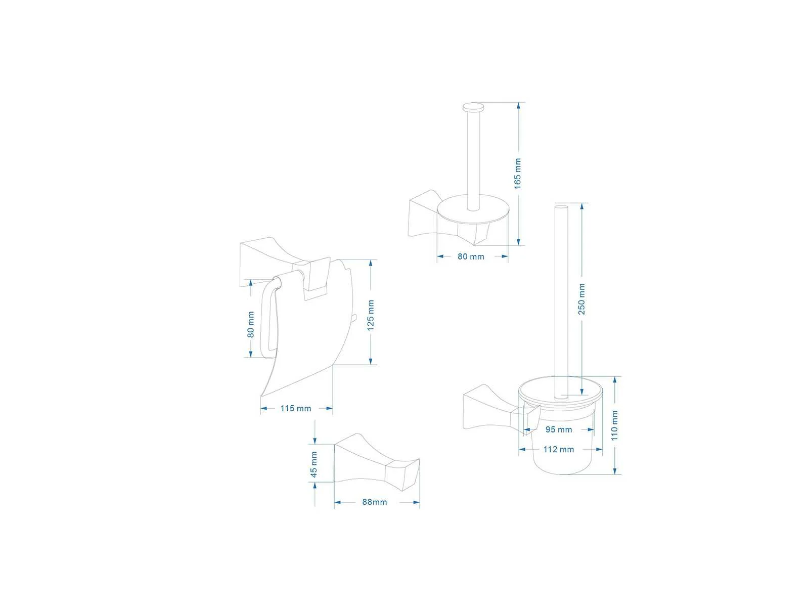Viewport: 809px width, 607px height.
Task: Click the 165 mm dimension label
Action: coord(517,174)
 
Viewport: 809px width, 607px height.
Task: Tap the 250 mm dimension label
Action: coord(581,299)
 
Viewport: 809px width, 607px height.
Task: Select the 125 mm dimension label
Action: coord(371,315)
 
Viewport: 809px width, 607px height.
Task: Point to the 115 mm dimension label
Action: coord(296,408)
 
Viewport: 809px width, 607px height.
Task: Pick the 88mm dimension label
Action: coord(375,502)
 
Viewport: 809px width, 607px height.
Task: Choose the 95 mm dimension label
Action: coord(559,429)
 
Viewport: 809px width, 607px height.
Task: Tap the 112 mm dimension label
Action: coord(559,449)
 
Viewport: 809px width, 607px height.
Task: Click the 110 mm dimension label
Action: coord(614,425)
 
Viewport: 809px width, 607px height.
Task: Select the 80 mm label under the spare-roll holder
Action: coord(471,256)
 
